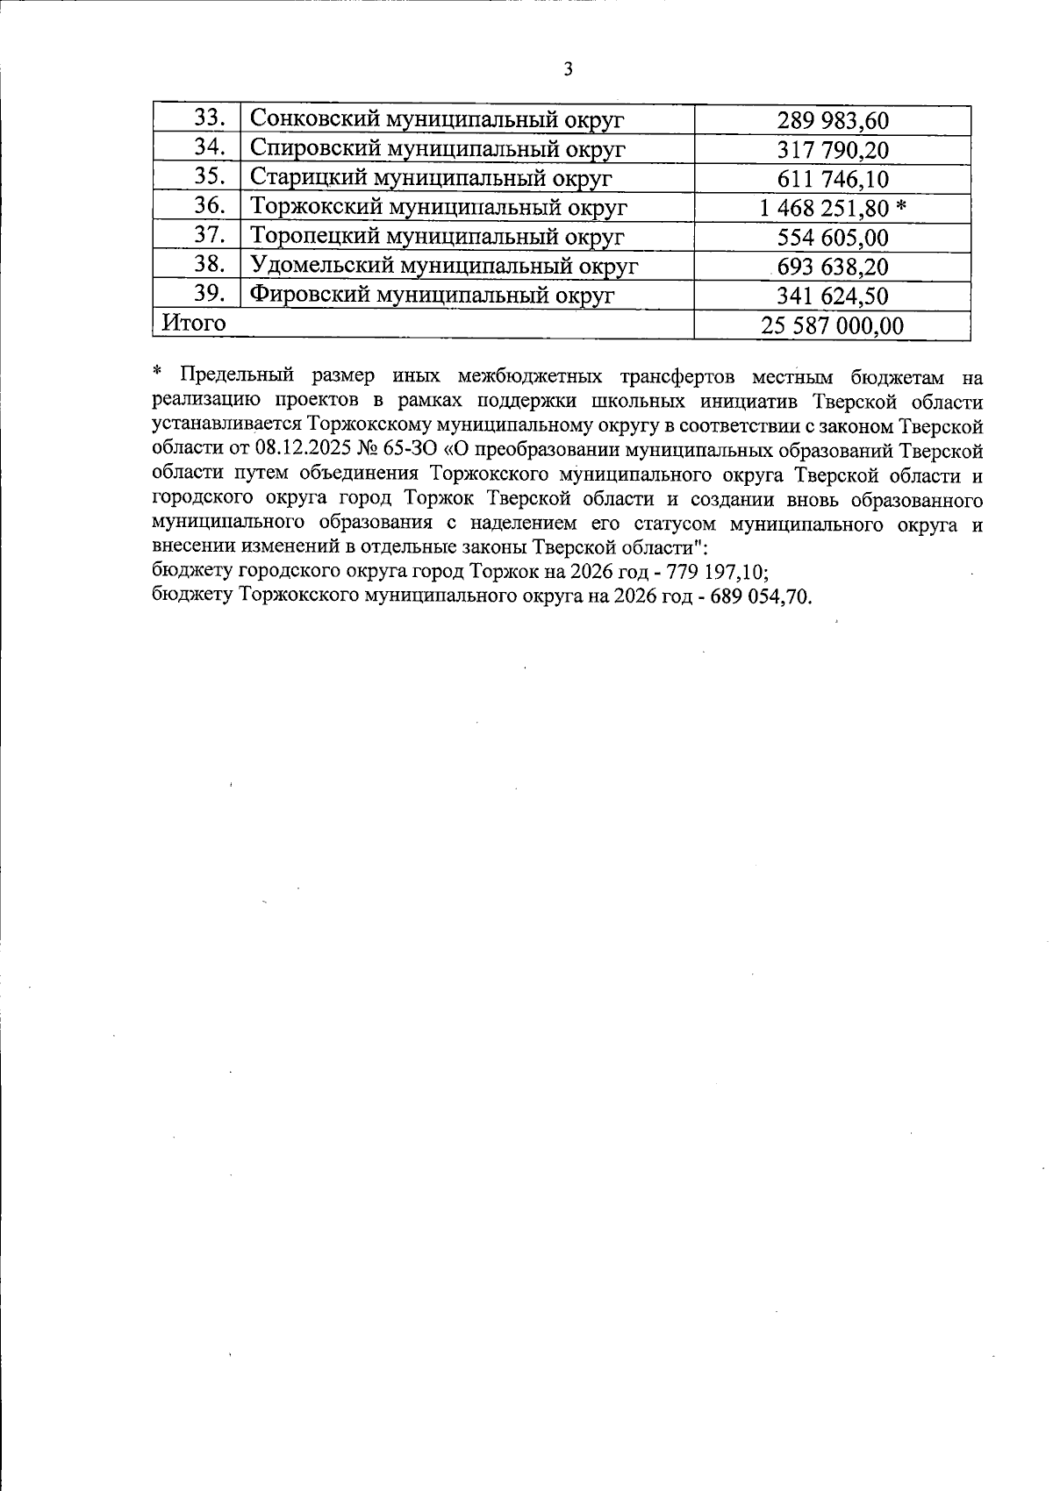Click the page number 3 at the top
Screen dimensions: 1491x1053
pos(568,69)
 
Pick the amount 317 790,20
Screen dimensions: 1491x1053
pos(833,150)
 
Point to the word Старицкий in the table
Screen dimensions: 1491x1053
pos(298,177)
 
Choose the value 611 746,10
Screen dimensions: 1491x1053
pos(833,180)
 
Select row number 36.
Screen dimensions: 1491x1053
pos(210,206)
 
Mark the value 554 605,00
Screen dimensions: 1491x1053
pos(833,238)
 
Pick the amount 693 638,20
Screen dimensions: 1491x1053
pos(833,267)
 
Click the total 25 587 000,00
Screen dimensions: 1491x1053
pos(832,326)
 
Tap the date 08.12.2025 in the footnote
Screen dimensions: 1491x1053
pos(294,452)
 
